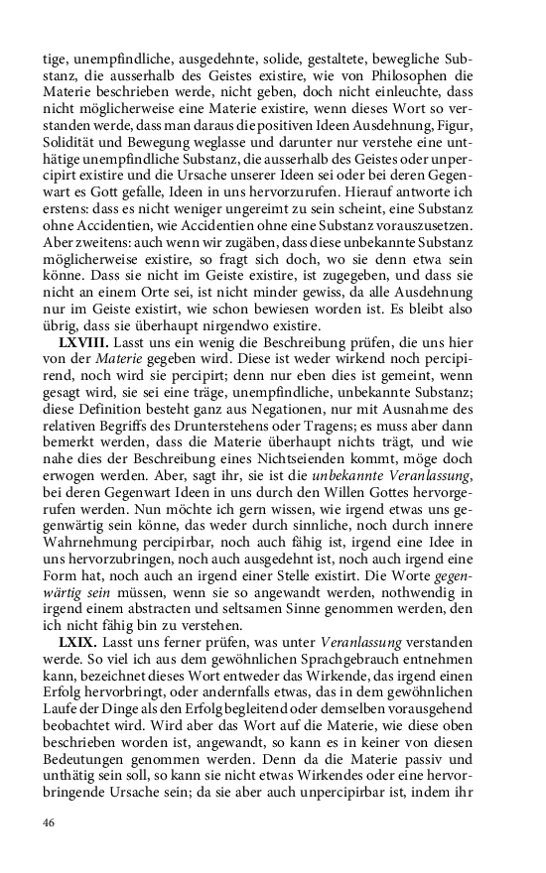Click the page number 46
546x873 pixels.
tap(50, 822)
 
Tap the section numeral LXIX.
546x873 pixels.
tap(79, 644)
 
